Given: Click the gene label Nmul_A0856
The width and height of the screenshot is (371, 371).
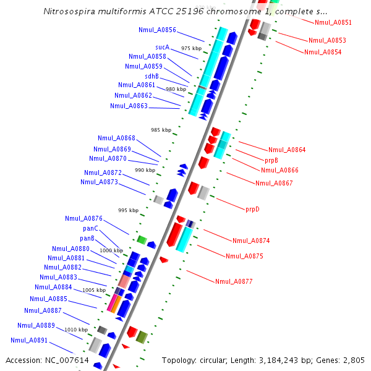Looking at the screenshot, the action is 157,30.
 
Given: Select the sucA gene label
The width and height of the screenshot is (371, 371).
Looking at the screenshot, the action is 163,47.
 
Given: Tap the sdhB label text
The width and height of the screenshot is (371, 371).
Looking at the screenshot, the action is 151,76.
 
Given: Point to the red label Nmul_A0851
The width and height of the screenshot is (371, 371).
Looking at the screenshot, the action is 333,22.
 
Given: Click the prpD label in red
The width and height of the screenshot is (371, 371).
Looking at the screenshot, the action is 252,209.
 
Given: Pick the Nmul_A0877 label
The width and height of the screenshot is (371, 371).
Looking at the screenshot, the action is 234,281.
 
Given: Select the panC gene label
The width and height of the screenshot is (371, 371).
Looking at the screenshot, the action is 91,228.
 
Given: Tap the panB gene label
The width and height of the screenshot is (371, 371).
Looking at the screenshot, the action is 87,238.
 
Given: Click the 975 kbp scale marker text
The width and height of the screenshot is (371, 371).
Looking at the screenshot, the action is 191,48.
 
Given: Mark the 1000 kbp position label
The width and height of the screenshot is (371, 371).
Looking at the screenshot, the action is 111,250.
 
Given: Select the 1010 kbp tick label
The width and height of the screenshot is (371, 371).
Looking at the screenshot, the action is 76,330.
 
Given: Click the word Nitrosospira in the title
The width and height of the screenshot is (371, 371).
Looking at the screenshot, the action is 70,12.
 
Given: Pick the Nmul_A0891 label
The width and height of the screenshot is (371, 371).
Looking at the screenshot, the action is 29,340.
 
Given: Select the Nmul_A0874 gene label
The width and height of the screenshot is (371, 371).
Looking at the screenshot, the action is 251,241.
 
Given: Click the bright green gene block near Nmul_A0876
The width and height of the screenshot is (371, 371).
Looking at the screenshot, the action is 142,239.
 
